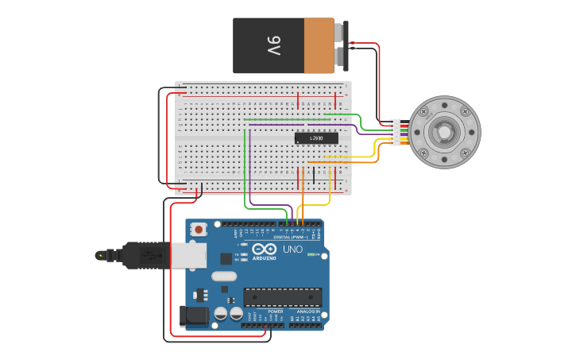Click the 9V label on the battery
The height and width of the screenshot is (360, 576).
(x=273, y=46)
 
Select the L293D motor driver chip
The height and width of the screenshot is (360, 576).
(x=316, y=138)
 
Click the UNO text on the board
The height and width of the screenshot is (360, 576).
(x=292, y=250)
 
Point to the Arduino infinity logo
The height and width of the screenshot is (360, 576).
(x=265, y=250)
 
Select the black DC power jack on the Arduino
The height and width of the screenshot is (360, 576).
(x=193, y=315)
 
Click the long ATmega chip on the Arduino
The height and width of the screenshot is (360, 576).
(x=282, y=297)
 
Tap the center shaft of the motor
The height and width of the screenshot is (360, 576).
(x=444, y=132)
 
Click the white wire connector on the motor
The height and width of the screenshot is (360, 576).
(x=395, y=132)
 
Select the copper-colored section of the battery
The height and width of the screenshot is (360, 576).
(x=319, y=46)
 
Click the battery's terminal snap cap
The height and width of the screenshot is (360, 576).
(x=342, y=45)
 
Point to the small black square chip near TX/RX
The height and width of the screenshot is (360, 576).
(x=226, y=258)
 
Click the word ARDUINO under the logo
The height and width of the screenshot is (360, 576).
(x=265, y=258)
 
